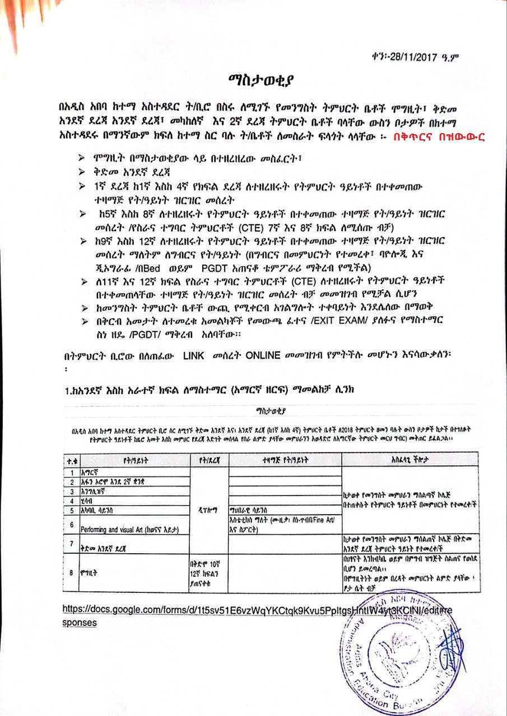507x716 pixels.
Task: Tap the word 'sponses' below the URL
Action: point(79,622)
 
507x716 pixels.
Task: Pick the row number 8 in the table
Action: point(71,572)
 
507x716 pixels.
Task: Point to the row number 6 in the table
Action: point(71,525)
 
